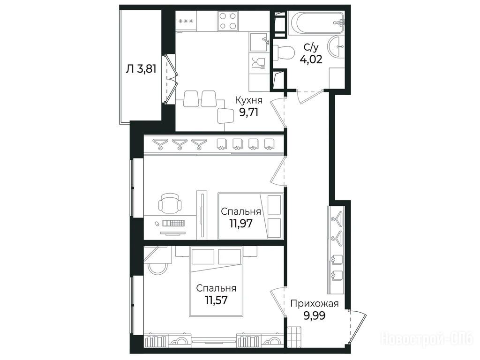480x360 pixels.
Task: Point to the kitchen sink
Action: (259, 42)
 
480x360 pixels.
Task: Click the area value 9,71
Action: (248, 112)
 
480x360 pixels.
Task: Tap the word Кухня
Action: (248, 100)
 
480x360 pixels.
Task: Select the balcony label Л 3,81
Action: (141, 69)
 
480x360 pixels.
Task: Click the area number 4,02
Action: (311, 59)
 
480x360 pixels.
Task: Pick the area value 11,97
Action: (241, 224)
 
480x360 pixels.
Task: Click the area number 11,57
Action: (216, 300)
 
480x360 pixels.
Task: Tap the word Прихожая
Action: (315, 304)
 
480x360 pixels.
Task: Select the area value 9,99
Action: (315, 315)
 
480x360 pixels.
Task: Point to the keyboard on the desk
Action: (173, 223)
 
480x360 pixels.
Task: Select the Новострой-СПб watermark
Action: (427, 339)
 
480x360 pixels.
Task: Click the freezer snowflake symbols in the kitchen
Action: (186, 21)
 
